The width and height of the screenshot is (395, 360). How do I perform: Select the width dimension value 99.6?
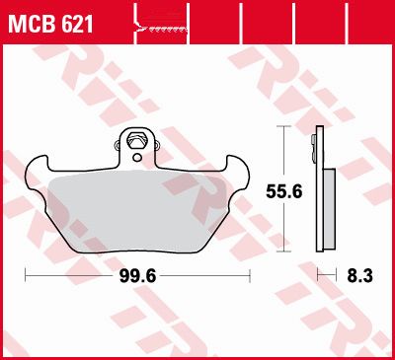click(137, 277)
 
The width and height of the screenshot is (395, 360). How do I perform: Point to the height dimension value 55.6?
click(284, 191)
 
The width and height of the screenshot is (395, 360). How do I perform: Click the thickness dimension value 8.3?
click(359, 276)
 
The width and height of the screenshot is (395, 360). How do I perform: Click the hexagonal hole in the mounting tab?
click(136, 140)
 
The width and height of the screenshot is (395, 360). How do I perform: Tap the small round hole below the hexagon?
click(137, 158)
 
